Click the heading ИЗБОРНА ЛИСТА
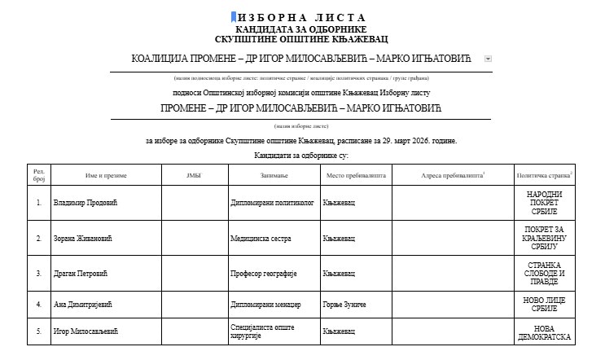302,17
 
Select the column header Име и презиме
106,175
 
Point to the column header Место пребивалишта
356,175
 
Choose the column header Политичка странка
544,175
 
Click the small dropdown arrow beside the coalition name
488,59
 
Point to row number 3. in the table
38,273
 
